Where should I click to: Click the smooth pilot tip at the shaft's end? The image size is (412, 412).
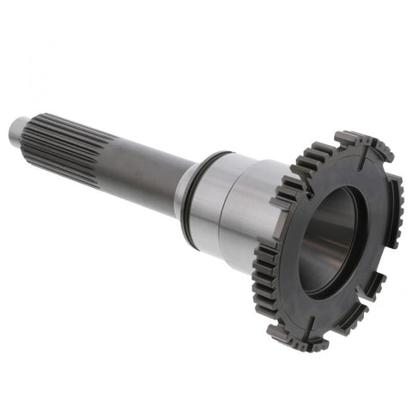17,130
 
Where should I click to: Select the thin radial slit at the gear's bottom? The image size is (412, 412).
314,324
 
